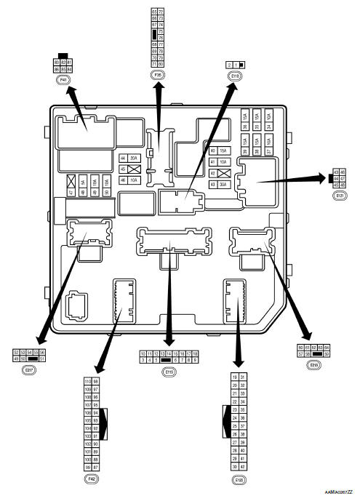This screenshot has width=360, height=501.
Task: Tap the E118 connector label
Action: point(234,75)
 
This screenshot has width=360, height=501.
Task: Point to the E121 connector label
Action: point(339,196)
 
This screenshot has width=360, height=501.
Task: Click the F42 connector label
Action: point(92,479)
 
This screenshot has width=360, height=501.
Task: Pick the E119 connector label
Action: point(169,372)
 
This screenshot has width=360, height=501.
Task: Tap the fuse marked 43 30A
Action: point(219,185)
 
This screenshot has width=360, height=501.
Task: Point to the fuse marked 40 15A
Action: point(219,151)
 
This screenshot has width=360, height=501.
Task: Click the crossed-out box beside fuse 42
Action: point(225,174)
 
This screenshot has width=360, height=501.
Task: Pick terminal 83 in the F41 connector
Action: point(57,63)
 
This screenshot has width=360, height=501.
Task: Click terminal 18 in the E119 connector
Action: point(195,353)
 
